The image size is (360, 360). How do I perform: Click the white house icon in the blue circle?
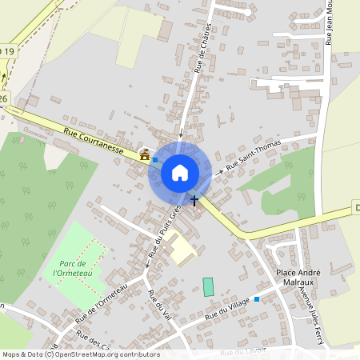point(180,172)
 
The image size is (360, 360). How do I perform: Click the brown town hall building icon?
point(145,155)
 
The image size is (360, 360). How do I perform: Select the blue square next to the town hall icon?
point(155,160)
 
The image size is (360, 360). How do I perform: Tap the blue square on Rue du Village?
point(257,300)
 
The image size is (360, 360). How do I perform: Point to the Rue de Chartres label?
point(206,50)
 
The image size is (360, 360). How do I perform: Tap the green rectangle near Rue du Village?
point(209,286)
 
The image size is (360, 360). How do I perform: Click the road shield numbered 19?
point(8,51)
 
